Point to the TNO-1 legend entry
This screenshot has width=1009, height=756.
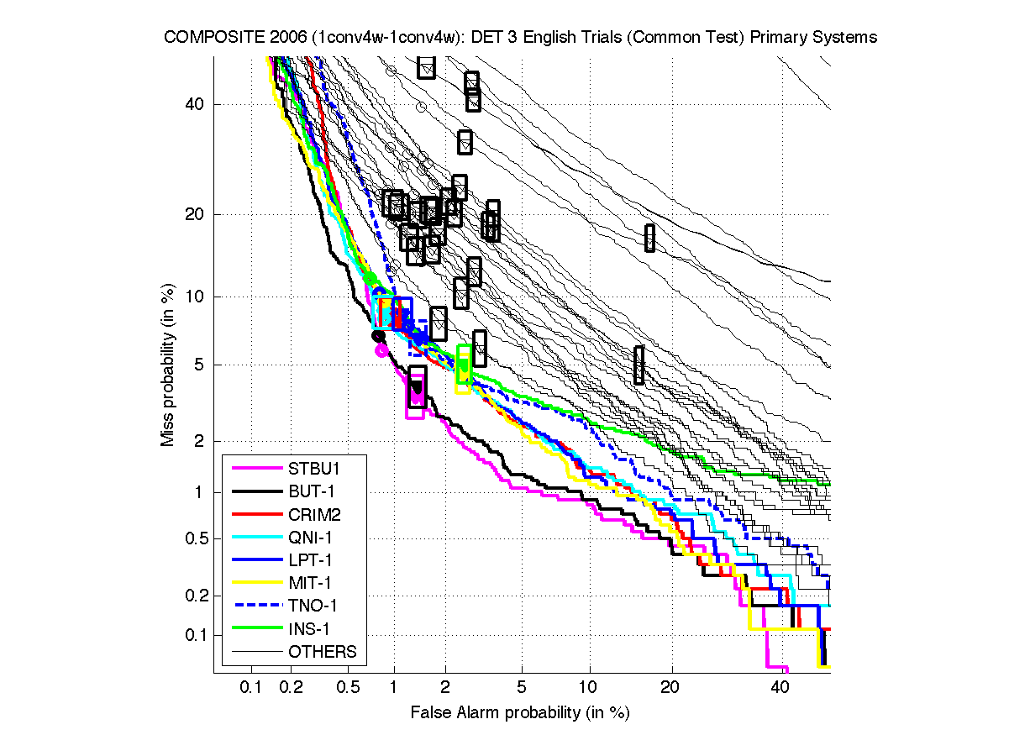[313, 605]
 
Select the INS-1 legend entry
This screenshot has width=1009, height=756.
[310, 628]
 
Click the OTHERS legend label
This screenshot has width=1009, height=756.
[322, 652]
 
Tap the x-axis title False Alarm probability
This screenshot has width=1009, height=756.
[520, 713]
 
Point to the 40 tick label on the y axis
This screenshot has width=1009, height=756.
[195, 105]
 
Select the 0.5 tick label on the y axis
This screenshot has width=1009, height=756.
[191, 538]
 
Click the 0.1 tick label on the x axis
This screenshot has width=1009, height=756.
[251, 688]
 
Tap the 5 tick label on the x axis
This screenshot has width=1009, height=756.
[522, 688]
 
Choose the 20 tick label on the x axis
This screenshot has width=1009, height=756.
[669, 688]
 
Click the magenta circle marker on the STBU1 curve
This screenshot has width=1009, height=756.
[381, 350]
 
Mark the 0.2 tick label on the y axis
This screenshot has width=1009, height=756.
[191, 596]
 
